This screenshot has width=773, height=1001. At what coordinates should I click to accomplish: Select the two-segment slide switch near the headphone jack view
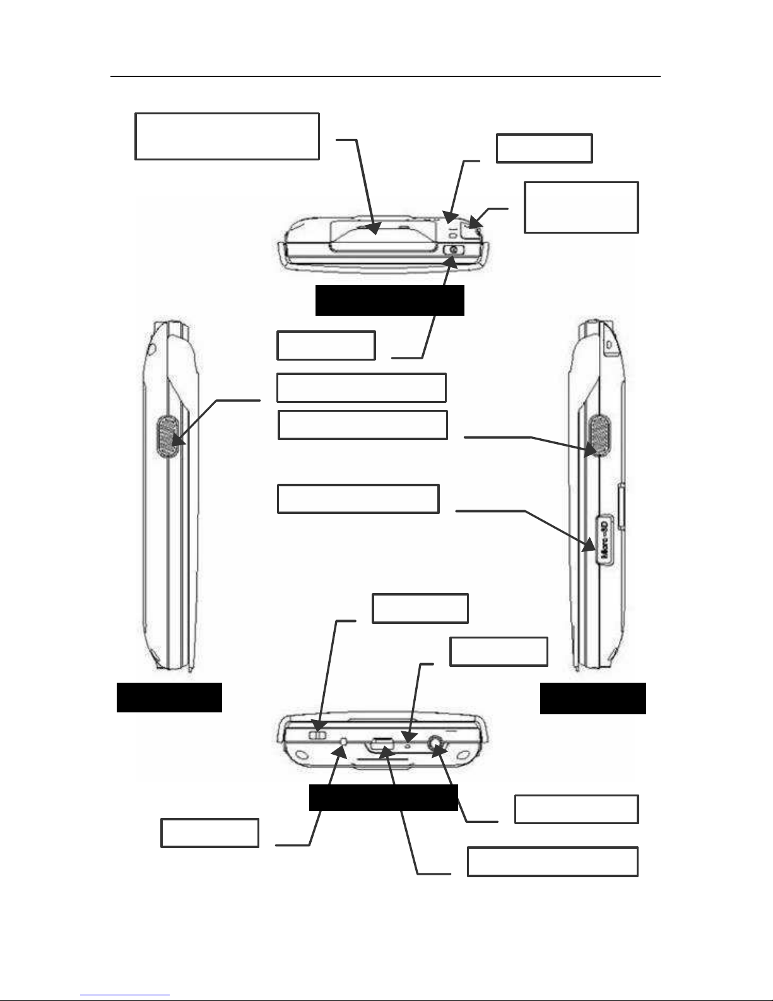click(x=319, y=734)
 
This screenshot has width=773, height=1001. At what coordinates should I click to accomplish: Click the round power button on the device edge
click(x=452, y=249)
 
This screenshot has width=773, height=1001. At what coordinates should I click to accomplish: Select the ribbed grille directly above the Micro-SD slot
click(x=598, y=436)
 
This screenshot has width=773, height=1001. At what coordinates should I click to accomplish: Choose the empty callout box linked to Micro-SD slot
click(x=358, y=499)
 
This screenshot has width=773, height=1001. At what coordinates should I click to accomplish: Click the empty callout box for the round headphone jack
click(x=576, y=809)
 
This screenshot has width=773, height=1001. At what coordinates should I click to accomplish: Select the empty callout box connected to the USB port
click(x=552, y=862)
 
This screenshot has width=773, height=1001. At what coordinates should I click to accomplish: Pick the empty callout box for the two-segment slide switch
click(x=420, y=608)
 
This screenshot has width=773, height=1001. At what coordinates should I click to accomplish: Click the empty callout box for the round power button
click(x=326, y=345)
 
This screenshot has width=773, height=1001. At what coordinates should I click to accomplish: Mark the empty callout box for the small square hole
click(x=209, y=832)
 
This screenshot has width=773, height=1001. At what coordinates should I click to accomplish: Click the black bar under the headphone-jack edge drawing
click(x=383, y=798)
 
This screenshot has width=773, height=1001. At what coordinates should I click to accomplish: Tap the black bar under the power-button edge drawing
click(x=389, y=300)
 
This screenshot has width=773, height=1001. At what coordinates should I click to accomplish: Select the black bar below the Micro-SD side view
click(x=593, y=698)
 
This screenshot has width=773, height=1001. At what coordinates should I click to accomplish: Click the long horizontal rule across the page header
click(x=385, y=77)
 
